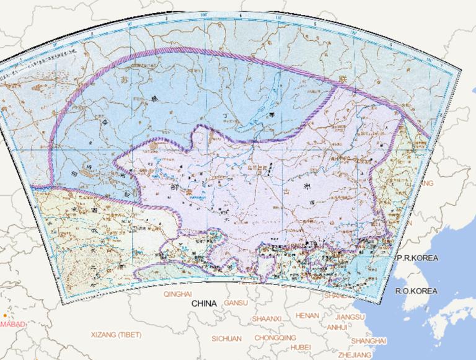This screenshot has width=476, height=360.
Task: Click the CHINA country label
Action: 204,304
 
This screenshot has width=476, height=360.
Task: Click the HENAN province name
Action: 307,315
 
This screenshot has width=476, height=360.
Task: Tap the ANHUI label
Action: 337,327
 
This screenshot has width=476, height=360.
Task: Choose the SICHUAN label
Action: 226,338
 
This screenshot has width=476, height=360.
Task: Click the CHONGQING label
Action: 275,338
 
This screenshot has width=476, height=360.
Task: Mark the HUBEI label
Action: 301,347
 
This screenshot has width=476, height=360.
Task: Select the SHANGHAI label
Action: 368,341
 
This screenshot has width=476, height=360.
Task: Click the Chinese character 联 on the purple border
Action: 342,79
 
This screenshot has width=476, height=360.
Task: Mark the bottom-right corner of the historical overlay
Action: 374,304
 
